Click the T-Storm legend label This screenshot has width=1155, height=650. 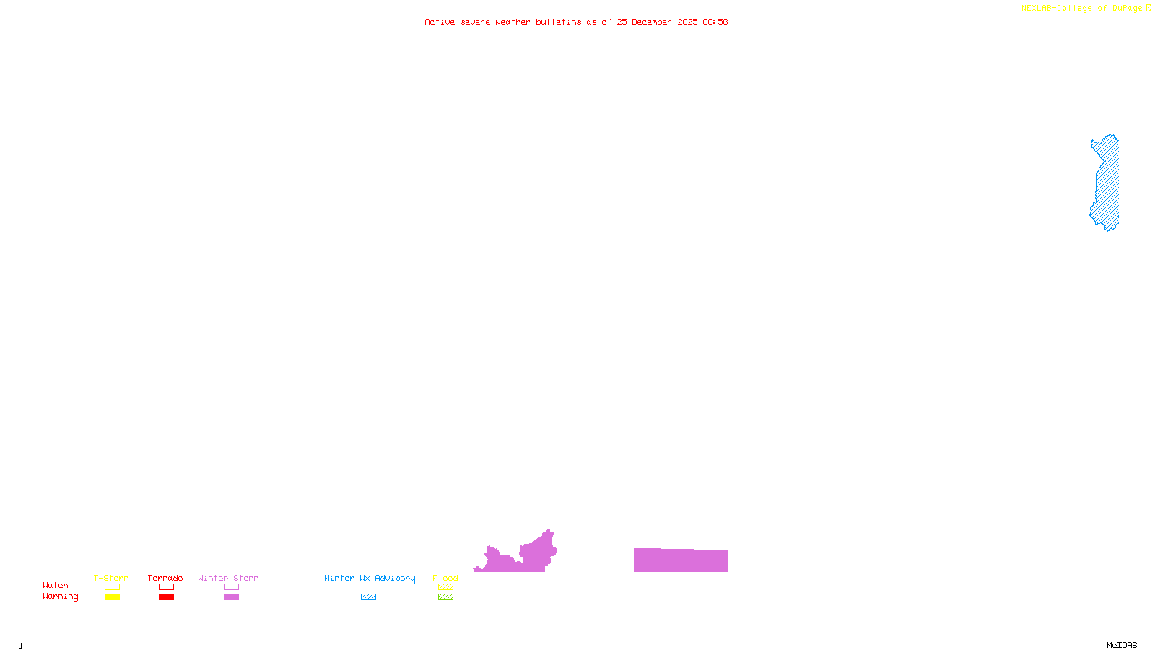(111, 578)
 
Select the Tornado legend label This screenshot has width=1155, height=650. (165, 578)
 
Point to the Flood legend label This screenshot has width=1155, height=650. (445, 578)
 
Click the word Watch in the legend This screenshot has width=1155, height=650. (56, 585)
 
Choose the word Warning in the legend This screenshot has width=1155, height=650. (60, 597)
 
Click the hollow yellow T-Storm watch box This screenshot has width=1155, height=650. (112, 587)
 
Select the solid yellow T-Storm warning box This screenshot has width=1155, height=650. (112, 597)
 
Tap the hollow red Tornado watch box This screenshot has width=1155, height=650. (166, 587)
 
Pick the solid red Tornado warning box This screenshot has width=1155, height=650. (166, 597)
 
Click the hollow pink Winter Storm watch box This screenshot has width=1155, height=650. (231, 587)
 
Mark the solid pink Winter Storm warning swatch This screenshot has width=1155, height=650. (231, 597)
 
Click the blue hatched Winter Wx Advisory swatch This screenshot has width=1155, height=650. (368, 597)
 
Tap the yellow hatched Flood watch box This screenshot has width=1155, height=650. (445, 587)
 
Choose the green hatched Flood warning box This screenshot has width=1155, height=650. (445, 597)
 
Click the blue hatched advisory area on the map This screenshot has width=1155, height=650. (1107, 184)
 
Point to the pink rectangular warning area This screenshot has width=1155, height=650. (680, 560)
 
